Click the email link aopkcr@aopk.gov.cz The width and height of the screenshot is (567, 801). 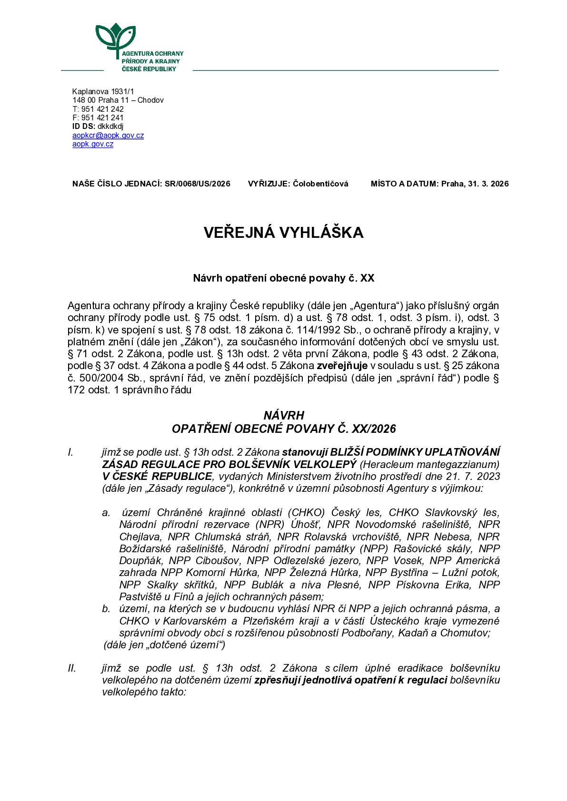[108, 136]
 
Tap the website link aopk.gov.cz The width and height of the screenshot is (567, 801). [93, 144]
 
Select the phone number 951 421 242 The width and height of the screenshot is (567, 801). [102, 109]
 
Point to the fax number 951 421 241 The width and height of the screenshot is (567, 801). [102, 117]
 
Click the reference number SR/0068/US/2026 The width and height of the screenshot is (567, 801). [198, 184]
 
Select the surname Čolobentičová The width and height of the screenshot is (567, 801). [320, 184]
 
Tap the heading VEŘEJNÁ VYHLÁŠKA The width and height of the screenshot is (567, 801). [283, 232]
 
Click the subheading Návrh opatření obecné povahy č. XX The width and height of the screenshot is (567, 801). [283, 278]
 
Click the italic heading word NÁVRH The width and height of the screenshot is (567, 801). [284, 416]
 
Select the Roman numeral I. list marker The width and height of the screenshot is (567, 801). [70, 452]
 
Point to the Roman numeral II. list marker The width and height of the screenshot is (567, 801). [72, 668]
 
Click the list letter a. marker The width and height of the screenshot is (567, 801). [106, 512]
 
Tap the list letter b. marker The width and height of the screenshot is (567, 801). [106, 609]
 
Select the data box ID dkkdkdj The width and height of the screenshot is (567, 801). [110, 127]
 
